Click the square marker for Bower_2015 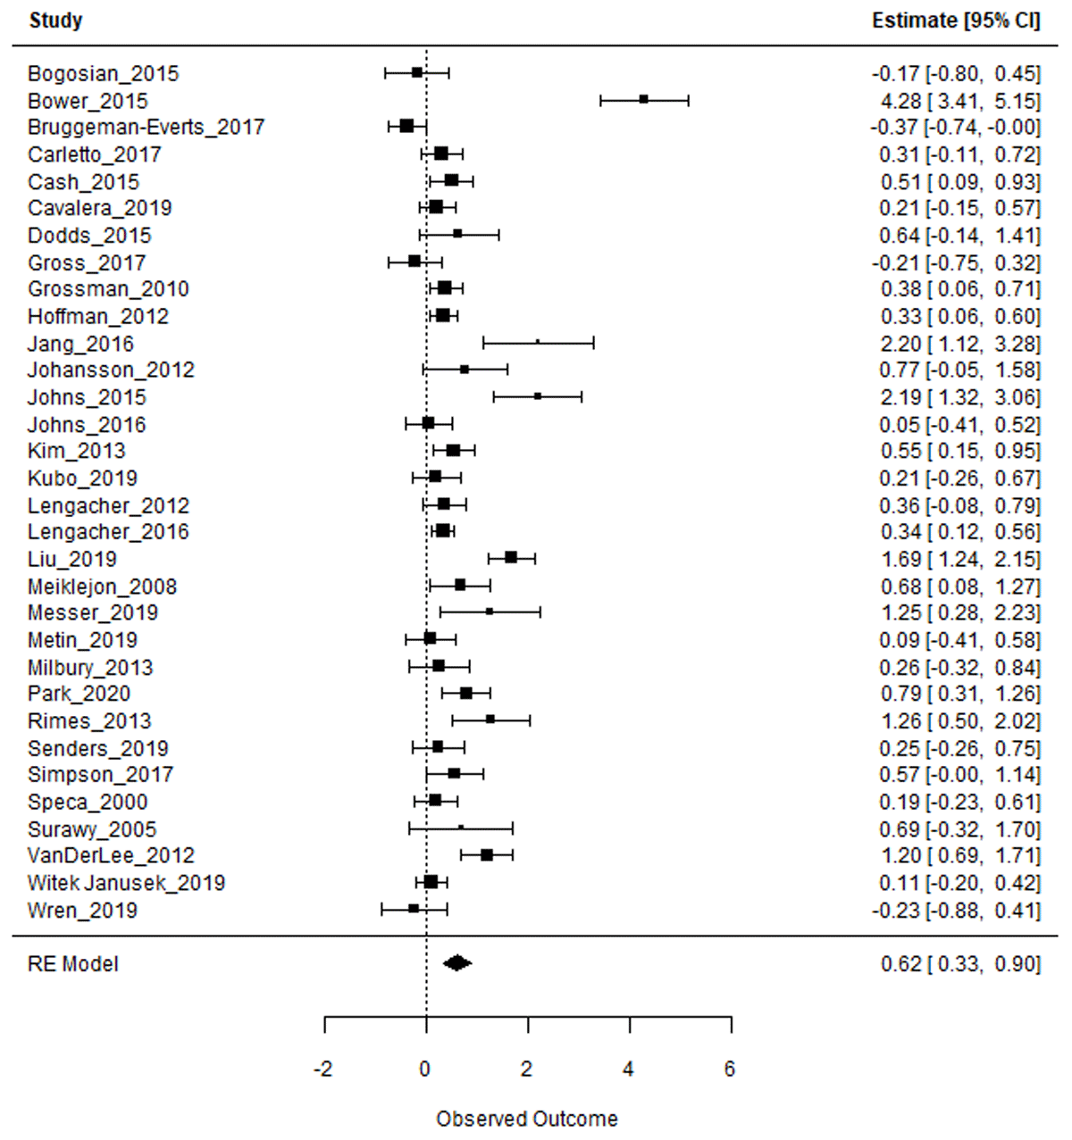(644, 100)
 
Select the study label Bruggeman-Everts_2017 (146, 128)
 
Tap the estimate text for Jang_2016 (959, 344)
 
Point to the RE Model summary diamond (457, 963)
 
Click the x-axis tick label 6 (730, 1069)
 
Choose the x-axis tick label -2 (323, 1069)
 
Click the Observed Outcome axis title (526, 1119)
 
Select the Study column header (55, 21)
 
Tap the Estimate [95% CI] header (956, 21)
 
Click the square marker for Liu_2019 (511, 558)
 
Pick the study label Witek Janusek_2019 (126, 883)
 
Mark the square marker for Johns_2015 (538, 396)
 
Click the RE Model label (72, 964)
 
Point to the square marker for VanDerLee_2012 (487, 855)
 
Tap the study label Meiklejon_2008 (102, 587)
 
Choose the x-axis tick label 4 (629, 1069)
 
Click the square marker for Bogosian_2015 (417, 73)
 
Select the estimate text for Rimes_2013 (959, 721)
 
